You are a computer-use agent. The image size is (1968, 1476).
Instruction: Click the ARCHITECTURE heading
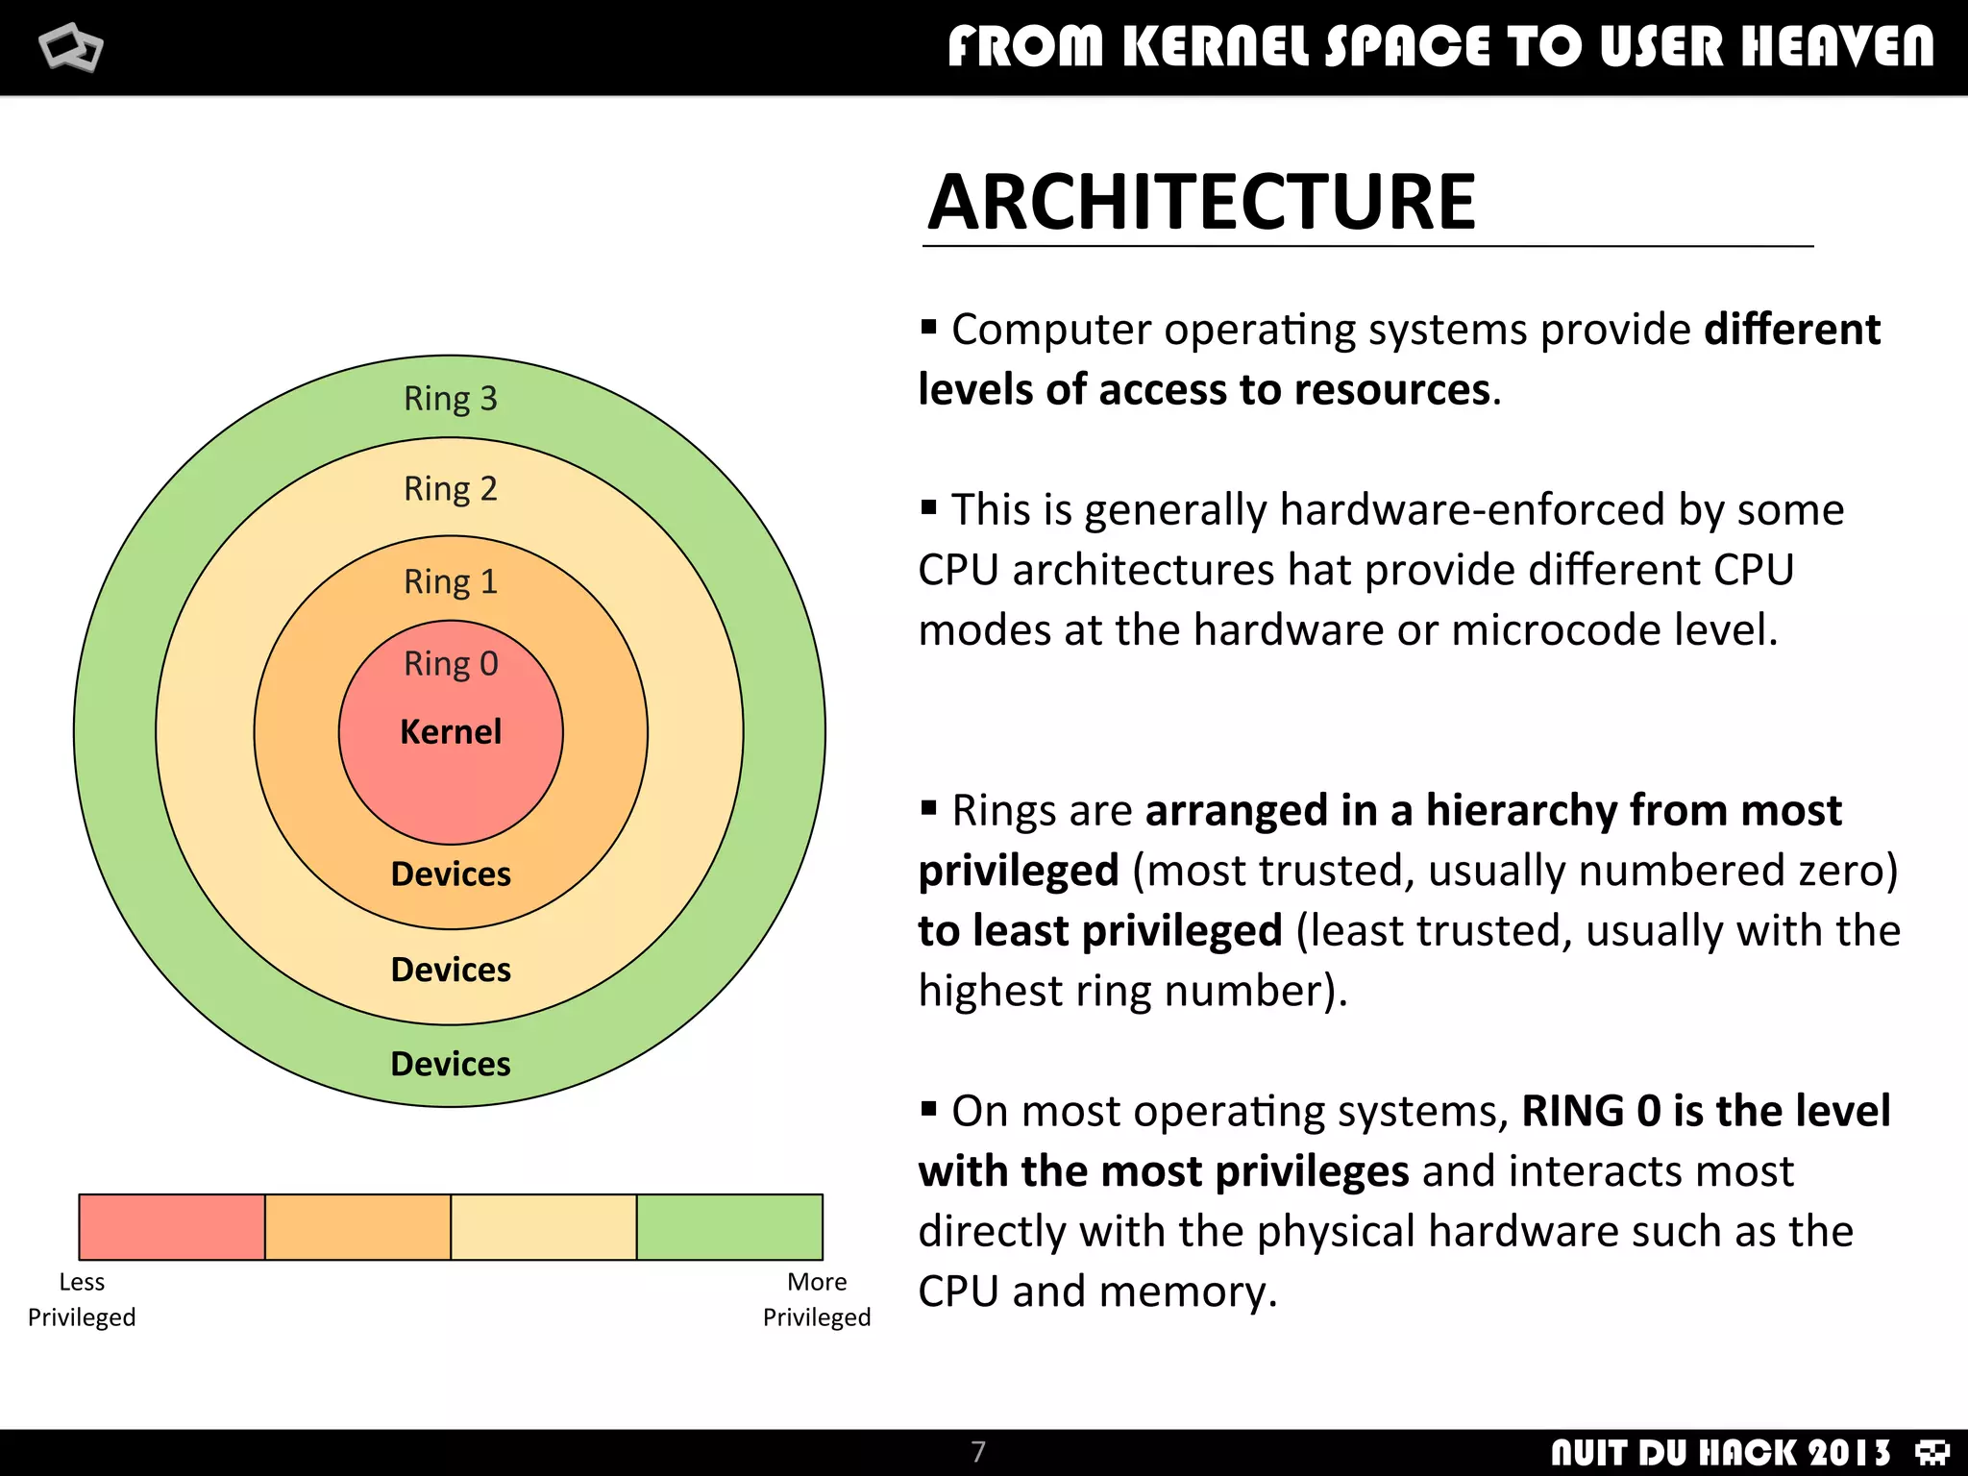click(x=1201, y=203)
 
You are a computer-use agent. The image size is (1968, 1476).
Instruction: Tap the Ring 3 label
click(x=450, y=399)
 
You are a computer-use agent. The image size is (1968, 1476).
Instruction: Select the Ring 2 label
click(x=450, y=489)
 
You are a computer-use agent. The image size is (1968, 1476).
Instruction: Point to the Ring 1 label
click(x=450, y=581)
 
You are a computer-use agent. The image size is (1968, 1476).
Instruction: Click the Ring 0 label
click(x=450, y=664)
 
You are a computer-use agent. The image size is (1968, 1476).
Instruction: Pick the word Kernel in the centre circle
click(x=450, y=732)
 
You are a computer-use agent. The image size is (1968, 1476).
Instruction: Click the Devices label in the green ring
click(x=450, y=1064)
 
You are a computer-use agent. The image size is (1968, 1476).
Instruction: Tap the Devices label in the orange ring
click(x=450, y=874)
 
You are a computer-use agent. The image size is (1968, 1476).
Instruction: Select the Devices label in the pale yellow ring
click(x=450, y=970)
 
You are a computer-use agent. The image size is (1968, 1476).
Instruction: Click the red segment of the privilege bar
click(x=171, y=1227)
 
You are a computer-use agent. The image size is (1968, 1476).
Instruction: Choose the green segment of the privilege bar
click(x=729, y=1227)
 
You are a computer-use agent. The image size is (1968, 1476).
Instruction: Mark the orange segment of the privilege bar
click(x=357, y=1227)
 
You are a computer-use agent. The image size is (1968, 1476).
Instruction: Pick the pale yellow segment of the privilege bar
click(x=543, y=1227)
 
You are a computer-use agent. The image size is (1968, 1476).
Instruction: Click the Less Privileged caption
click(x=82, y=1299)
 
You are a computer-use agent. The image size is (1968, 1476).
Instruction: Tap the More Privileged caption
click(x=817, y=1299)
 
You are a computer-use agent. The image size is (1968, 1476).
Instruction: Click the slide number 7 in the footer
click(x=978, y=1451)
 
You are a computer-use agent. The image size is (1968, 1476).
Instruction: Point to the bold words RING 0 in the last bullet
click(x=1590, y=1112)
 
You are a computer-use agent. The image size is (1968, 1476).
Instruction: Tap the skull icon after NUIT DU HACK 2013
click(x=1931, y=1452)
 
